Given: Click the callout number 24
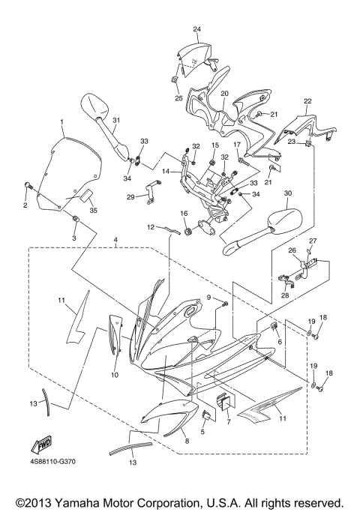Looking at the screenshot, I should point(197,29).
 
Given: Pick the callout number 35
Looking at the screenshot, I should point(94,211).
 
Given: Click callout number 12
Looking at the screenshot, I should point(150,227).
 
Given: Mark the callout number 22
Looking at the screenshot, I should point(307,100).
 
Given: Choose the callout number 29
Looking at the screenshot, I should point(130,197).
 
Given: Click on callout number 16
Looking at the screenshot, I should point(184,214).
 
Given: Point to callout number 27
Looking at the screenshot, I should point(314,241).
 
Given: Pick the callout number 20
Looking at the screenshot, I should point(224,93).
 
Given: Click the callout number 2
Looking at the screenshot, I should point(24,205).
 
